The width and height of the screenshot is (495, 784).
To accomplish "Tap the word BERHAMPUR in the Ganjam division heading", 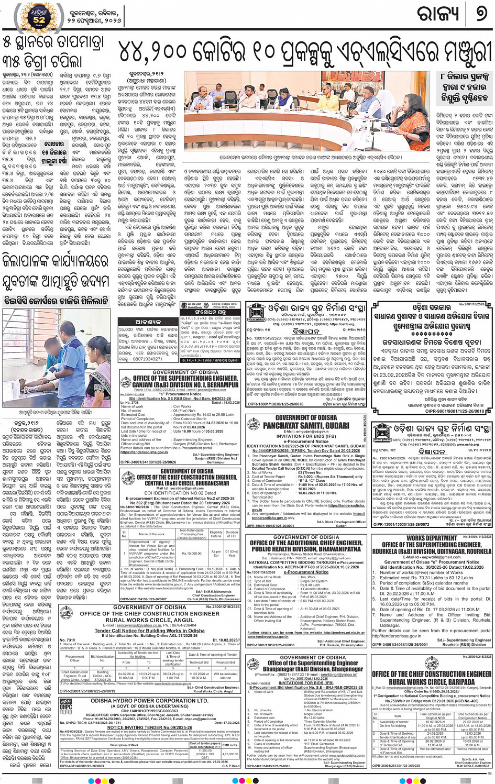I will (x=224, y=384).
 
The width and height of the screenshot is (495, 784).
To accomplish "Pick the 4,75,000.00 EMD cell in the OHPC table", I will (x=230, y=754).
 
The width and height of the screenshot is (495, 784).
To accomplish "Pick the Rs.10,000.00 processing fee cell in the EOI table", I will (x=192, y=553).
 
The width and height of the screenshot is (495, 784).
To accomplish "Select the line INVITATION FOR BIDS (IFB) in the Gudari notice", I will (x=306, y=436).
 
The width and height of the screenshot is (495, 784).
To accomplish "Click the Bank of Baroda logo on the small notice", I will (x=186, y=306).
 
